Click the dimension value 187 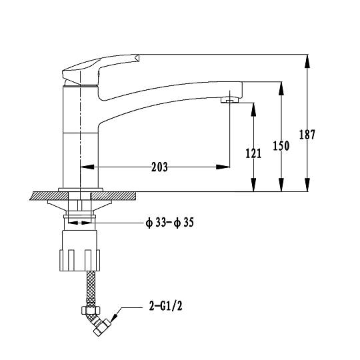307,135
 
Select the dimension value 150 281,145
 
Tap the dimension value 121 253,153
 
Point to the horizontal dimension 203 159,167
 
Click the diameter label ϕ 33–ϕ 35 170,223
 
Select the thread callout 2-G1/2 166,306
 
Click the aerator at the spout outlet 229,100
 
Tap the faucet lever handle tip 137,57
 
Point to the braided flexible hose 91,289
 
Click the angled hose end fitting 99,325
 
